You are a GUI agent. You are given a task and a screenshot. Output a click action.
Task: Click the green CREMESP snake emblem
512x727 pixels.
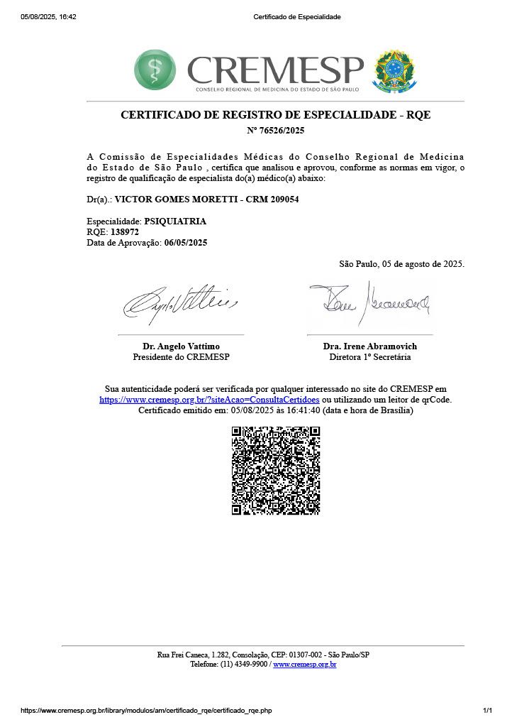155,70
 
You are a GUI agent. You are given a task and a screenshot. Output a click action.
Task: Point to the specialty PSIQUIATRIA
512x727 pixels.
175,222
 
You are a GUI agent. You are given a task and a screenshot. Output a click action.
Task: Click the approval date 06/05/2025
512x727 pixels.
186,243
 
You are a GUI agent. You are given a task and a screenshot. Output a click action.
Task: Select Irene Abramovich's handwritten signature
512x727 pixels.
369,301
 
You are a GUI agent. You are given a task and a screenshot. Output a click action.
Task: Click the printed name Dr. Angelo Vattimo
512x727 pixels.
181,346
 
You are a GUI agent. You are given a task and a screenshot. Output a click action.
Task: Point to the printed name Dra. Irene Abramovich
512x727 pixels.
370,346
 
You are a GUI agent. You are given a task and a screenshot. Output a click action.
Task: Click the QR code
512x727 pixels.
276,470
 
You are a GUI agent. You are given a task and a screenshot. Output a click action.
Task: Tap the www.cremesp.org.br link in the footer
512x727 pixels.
304,665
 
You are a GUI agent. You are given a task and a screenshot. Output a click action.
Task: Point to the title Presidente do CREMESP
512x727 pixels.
181,357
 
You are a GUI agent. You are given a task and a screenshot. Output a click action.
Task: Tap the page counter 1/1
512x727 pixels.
487,711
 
